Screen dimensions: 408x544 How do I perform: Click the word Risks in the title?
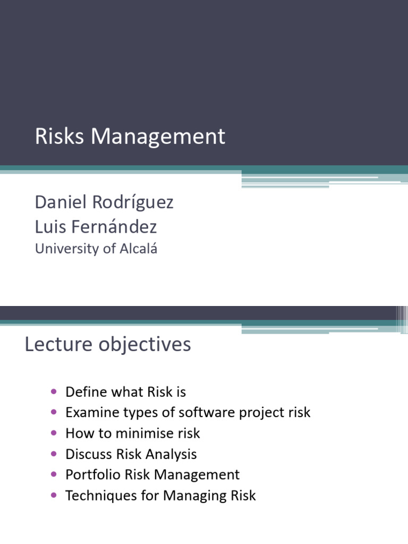coord(59,135)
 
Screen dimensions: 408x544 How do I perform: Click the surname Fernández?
coord(114,226)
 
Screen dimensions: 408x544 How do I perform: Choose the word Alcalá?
coord(139,249)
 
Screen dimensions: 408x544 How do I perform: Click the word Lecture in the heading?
coord(58,344)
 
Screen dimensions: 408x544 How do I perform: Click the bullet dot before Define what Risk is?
coord(54,392)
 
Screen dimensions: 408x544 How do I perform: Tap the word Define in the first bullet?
coord(86,392)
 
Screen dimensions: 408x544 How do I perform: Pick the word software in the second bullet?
coord(207,412)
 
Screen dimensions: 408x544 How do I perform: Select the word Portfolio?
coord(92,474)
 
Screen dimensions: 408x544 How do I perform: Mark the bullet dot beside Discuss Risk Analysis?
coord(54,454)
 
